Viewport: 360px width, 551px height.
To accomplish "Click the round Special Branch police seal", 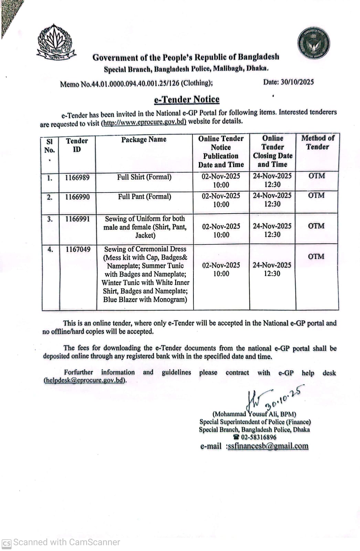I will (x=314, y=43).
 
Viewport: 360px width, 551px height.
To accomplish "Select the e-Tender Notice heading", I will (x=187, y=100).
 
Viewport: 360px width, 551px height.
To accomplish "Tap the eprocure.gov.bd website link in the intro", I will (x=144, y=122).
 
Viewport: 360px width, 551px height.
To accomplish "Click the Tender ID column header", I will (x=77, y=145).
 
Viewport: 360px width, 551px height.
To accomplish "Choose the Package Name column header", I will (x=144, y=139).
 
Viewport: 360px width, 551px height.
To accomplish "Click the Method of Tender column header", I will (x=317, y=142).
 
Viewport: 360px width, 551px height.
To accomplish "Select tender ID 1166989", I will (x=77, y=177).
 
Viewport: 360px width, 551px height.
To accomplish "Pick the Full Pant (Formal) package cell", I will (x=145, y=197).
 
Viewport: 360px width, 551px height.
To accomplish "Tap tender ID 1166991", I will (x=77, y=219).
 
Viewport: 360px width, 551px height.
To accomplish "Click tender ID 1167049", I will (x=78, y=249).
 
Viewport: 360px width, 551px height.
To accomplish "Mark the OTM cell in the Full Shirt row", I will (x=317, y=176).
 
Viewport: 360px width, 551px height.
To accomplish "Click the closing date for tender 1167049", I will (x=272, y=269).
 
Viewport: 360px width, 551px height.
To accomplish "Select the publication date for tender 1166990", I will (x=221, y=200).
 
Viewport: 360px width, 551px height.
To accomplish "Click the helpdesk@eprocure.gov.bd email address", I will (x=84, y=381).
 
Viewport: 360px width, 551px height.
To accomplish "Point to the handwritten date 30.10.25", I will (x=285, y=396).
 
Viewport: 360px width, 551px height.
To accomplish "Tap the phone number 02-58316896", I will (x=258, y=437).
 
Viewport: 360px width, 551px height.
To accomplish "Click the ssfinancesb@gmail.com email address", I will (x=268, y=446).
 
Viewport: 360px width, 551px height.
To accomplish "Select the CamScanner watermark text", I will (x=66, y=542).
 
